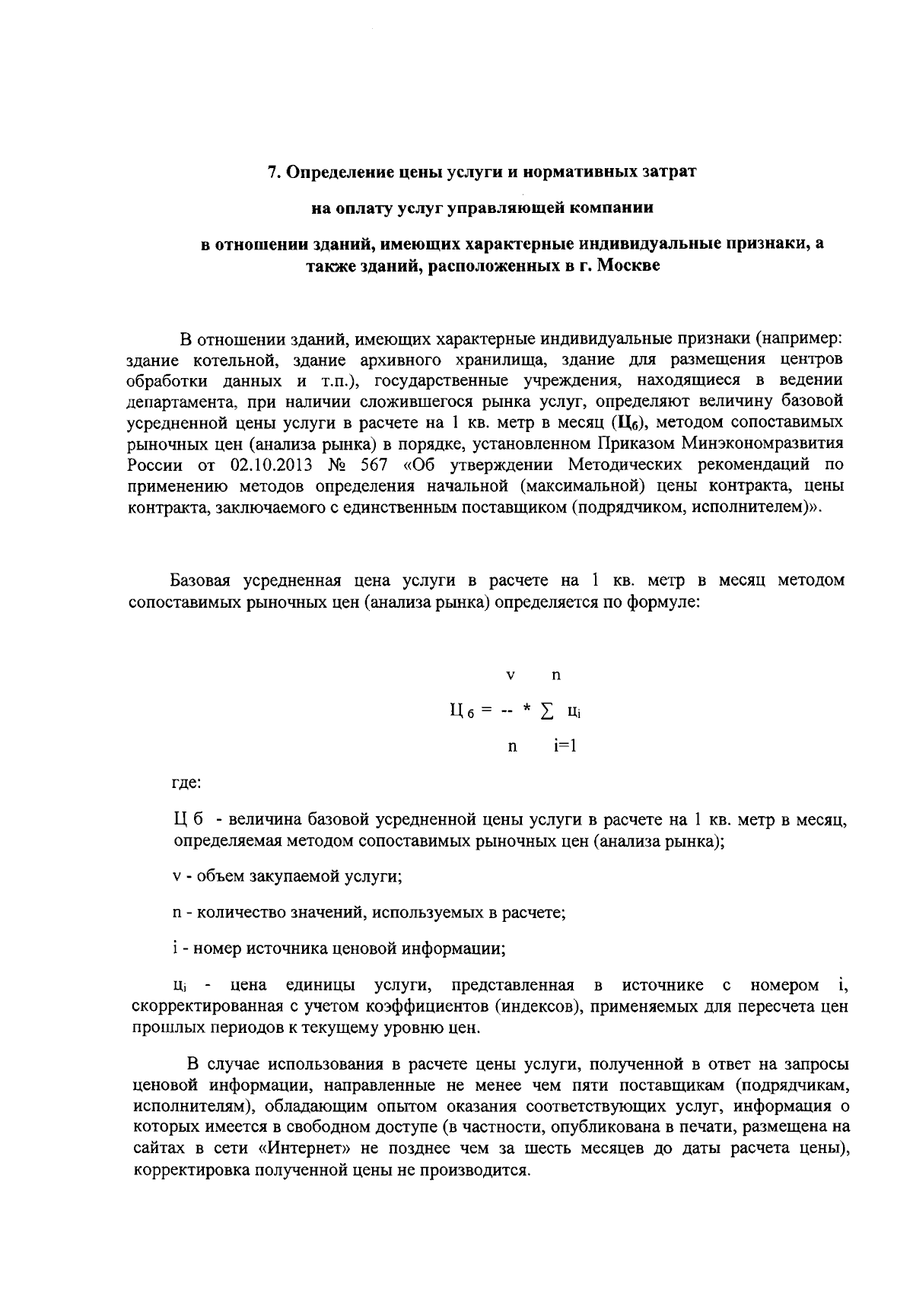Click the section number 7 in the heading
[x=271, y=172]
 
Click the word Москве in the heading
[x=628, y=265]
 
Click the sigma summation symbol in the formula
[x=546, y=711]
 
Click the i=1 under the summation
[x=565, y=746]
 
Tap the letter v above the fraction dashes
[x=511, y=675]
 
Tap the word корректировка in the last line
[x=182, y=1170]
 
